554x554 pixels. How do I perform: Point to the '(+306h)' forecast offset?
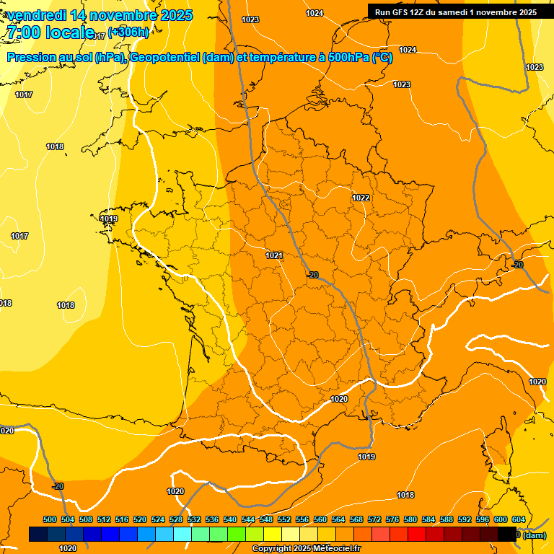pos(128,32)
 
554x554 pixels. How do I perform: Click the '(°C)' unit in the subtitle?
pos(382,58)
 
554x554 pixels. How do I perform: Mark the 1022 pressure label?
pos(361,198)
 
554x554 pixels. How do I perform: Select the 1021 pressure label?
pos(273,255)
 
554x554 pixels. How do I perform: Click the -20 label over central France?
pos(312,275)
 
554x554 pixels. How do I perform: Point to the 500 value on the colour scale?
pos(50,519)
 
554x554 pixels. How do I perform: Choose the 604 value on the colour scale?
pos(518,519)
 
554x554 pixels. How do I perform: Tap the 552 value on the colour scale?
pos(284,519)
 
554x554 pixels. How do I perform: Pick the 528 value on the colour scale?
pos(176,519)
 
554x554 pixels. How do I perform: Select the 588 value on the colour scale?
pos(447,519)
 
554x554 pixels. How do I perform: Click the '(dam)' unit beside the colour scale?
pos(535,535)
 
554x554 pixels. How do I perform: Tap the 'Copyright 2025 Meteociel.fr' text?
pos(306,548)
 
